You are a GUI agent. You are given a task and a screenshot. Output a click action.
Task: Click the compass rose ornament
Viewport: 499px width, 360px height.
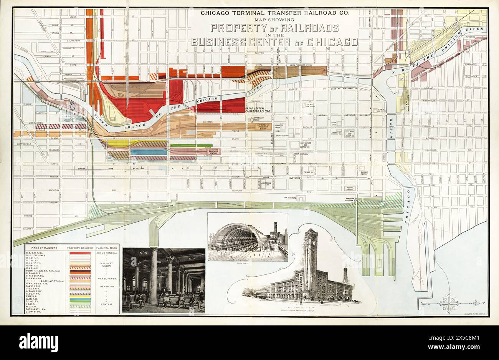coord(449,303)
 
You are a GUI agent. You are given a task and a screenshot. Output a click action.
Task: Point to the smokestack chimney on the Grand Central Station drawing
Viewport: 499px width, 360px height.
coord(345,275)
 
